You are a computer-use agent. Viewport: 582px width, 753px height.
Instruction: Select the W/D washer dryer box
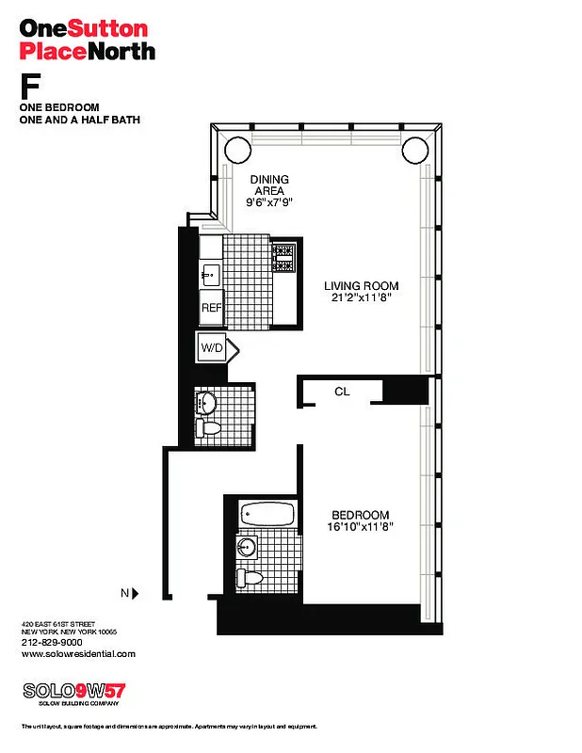[x=210, y=349]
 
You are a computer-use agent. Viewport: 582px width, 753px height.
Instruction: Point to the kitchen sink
[x=210, y=274]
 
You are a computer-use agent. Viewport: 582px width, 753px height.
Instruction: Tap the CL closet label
[x=342, y=391]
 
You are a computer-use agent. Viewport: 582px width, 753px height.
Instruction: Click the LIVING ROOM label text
[x=362, y=286]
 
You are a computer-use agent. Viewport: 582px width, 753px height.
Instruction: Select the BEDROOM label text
[x=360, y=514]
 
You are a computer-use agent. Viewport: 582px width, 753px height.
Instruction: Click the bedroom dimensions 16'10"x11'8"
[x=361, y=527]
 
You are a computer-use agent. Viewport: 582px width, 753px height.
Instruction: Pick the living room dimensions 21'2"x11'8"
[x=362, y=299]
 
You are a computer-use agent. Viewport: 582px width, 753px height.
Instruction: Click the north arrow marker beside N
[x=137, y=593]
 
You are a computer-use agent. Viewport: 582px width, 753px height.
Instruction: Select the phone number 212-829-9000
[x=53, y=642]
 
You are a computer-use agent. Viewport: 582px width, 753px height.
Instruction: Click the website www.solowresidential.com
[x=78, y=653]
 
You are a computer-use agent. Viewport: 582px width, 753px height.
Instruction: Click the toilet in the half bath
[x=213, y=429]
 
